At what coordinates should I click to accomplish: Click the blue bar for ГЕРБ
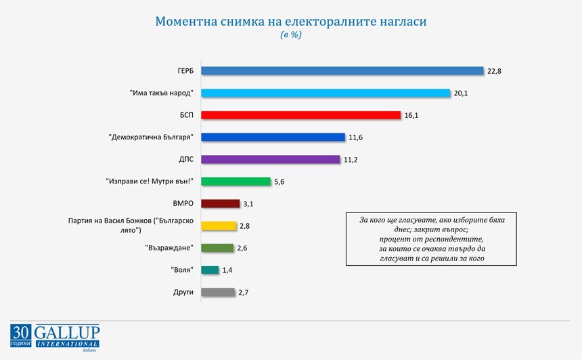click(x=342, y=71)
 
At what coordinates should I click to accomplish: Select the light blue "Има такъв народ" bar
click(x=326, y=93)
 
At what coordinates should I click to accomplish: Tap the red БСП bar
click(x=301, y=115)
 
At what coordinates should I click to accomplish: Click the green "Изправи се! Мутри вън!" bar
click(x=236, y=181)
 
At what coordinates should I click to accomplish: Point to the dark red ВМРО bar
click(x=221, y=204)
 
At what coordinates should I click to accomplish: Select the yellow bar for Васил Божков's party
click(x=219, y=225)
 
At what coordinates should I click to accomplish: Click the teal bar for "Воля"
click(x=210, y=270)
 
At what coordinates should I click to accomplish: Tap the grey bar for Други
click(x=218, y=292)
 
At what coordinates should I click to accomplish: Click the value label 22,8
click(x=494, y=71)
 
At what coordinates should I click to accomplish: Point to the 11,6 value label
click(x=355, y=137)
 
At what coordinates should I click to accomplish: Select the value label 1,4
click(x=227, y=270)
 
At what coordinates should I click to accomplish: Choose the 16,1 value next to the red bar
click(x=411, y=116)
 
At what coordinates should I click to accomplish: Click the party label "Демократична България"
click(x=151, y=137)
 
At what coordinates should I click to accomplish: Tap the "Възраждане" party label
click(x=169, y=248)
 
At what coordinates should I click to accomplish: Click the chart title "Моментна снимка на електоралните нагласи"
click(x=291, y=21)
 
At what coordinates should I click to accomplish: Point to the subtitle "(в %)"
click(x=291, y=35)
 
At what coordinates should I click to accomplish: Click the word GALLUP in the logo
click(x=67, y=332)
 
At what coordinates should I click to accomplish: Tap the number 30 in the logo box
click(x=21, y=332)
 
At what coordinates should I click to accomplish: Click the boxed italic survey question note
click(x=431, y=239)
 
